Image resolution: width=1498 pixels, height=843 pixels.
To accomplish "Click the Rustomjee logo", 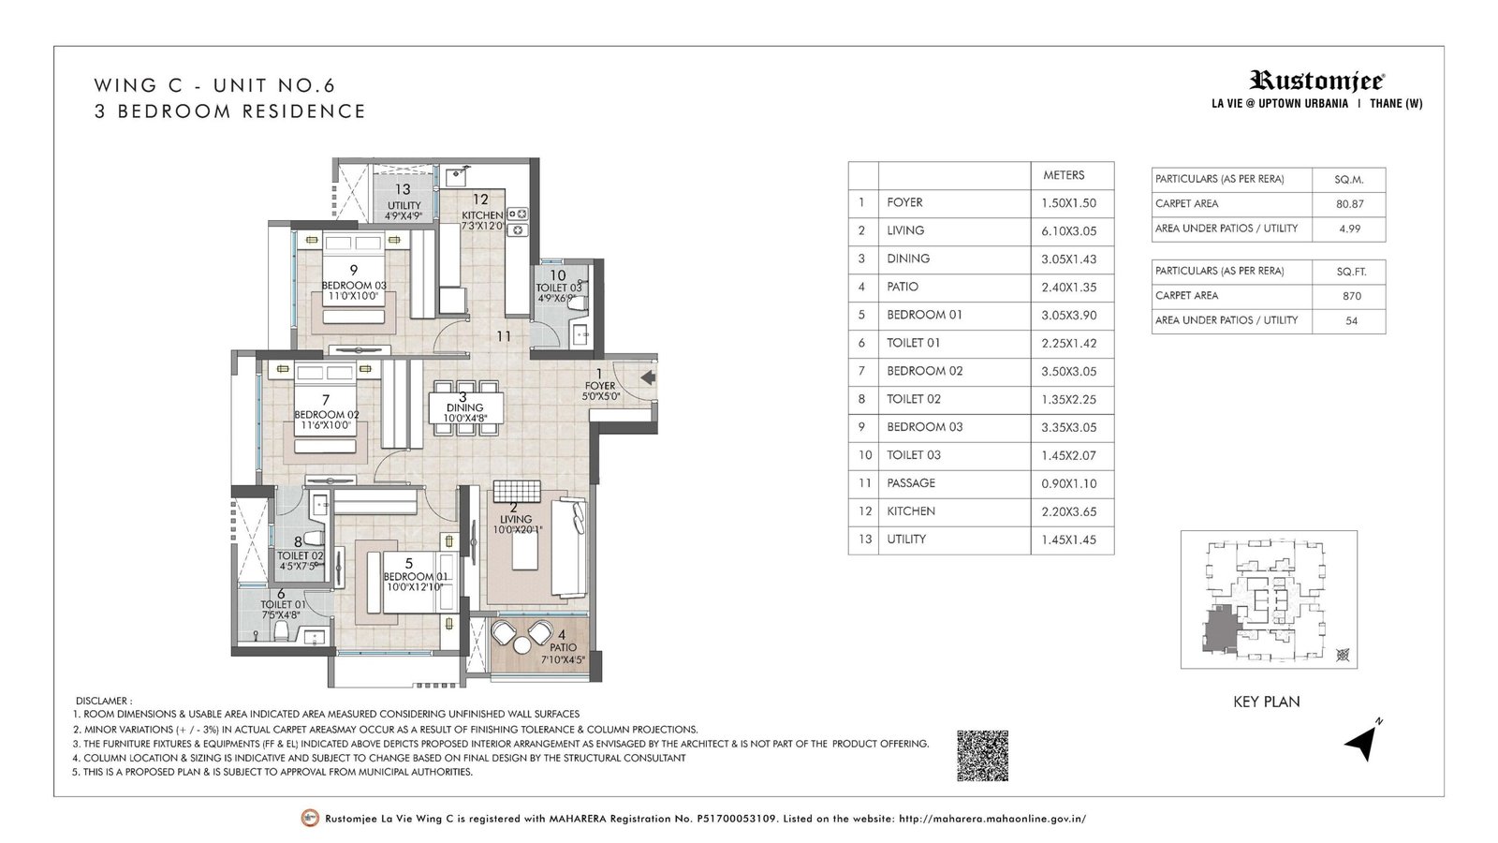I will (x=1317, y=81).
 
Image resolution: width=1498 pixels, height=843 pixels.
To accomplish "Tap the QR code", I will (x=982, y=756).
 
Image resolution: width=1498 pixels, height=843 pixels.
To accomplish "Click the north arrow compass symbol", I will (x=1361, y=742).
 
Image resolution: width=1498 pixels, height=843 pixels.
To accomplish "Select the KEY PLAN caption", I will (x=1266, y=702).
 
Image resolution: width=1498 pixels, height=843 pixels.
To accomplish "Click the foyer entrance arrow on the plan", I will (x=646, y=377).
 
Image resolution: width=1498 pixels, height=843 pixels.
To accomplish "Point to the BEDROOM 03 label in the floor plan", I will (x=353, y=286).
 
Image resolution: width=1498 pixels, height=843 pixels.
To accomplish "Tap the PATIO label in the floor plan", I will (x=563, y=647).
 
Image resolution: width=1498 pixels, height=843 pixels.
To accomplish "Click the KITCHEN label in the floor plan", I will (x=481, y=215).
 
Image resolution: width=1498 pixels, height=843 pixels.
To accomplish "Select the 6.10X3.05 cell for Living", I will (x=1068, y=230).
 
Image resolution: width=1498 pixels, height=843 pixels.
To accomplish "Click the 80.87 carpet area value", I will (x=1349, y=203).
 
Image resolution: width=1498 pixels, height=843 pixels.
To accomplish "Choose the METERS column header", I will (x=1064, y=175).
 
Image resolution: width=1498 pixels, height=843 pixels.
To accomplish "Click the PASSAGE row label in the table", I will (x=911, y=483).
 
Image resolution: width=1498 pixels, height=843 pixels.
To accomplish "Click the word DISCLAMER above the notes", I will (x=103, y=701).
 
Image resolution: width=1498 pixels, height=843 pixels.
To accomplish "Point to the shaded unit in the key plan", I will (x=1219, y=627).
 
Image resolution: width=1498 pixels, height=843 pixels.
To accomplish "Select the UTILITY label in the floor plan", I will (x=404, y=205).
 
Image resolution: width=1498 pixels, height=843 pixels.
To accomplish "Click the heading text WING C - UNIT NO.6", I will (x=214, y=85).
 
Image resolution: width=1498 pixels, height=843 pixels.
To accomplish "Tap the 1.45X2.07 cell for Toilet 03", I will (x=1068, y=455).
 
